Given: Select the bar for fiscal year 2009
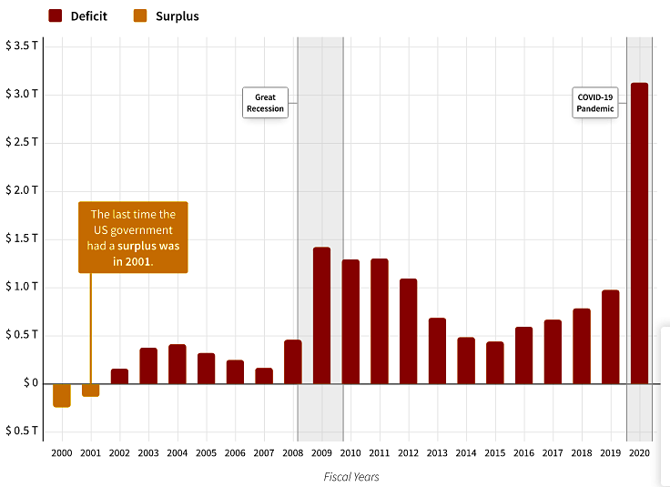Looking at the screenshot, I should coord(321,315).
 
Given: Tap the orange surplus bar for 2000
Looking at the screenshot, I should coord(62,395).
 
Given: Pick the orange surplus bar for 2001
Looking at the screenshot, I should coord(90,390).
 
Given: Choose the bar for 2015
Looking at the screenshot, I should coord(494,362).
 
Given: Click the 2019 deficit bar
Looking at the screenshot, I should coord(610,337).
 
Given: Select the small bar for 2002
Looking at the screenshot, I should coord(119,376).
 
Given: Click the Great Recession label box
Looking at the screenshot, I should coord(264,103).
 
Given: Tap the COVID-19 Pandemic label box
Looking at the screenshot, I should coord(595,103).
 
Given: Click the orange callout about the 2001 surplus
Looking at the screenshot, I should coord(133,238).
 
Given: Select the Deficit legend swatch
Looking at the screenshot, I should coord(56,15).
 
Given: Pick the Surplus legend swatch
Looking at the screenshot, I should coord(140,15).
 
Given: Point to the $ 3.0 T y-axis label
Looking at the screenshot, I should coord(21,95).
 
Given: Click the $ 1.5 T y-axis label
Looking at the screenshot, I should coord(21,238).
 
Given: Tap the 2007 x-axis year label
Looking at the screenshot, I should coord(263,452).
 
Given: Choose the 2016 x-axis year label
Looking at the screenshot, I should coord(523,452).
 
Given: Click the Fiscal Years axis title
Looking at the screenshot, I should coord(350,476).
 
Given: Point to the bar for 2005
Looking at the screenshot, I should coord(206,368).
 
